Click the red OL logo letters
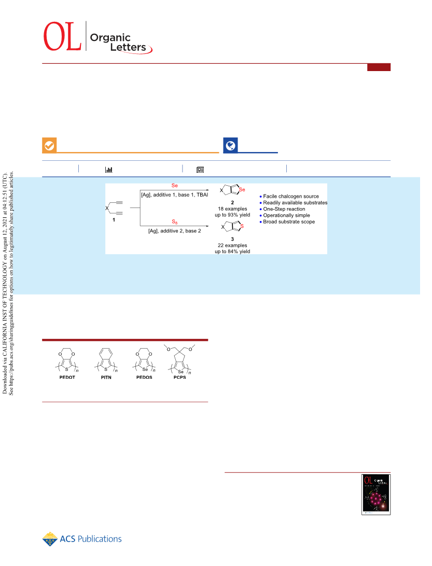pos(62,36)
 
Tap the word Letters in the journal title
pos(129,47)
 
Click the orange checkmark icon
pos(49,145)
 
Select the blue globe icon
pos(230,145)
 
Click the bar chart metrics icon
pos(108,169)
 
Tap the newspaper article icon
pos(200,170)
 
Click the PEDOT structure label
pos(67,377)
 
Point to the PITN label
pos(106,377)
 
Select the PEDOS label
pos(144,377)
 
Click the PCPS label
pos(180,377)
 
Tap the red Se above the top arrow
pos(175,186)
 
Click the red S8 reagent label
pos(175,222)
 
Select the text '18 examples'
pos(232,209)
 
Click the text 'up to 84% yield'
pos(232,251)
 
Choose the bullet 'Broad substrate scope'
pos(287,222)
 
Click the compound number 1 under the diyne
pos(114,220)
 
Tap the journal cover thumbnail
pos(376,494)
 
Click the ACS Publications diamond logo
pos(50,539)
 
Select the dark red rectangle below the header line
pos(379,67)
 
